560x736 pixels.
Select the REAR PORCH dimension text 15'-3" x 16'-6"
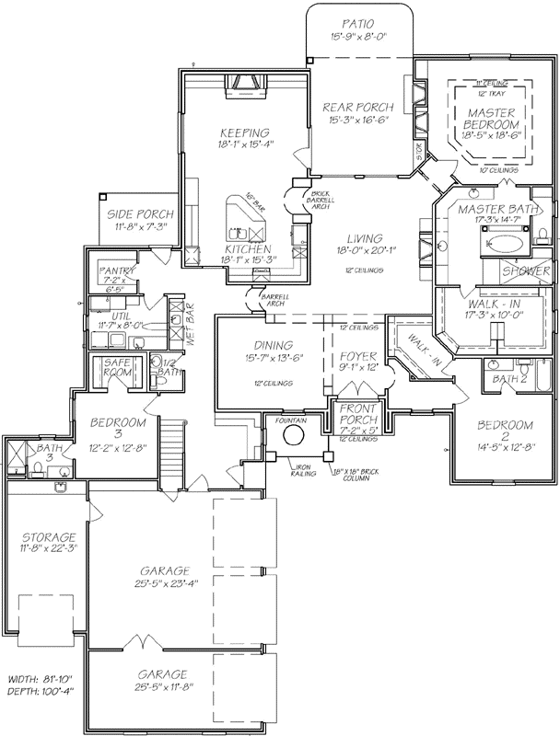pyautogui.click(x=358, y=121)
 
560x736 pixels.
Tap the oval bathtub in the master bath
pyautogui.click(x=503, y=246)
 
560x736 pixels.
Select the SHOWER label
pyautogui.click(x=527, y=271)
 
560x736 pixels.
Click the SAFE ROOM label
pyautogui.click(x=118, y=368)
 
